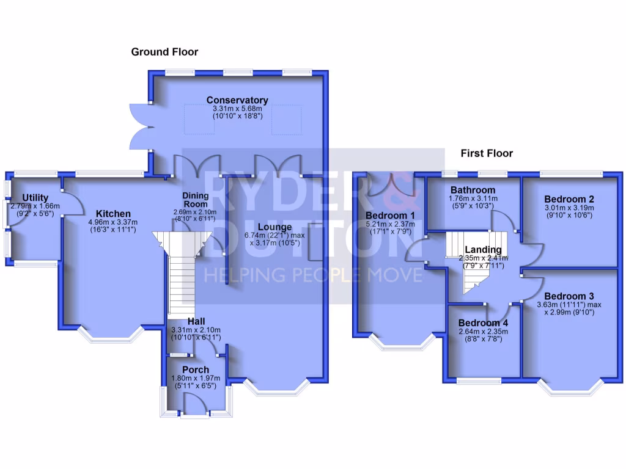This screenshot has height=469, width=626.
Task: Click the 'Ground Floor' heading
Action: [x=164, y=52]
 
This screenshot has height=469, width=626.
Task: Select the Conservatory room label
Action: [x=237, y=100]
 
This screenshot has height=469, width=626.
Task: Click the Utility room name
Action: [x=35, y=198]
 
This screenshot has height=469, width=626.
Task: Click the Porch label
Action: [x=196, y=369]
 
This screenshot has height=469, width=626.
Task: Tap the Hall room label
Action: [x=196, y=321]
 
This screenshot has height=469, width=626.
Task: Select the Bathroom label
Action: [x=473, y=190]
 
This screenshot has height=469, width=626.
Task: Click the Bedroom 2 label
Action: [x=569, y=199]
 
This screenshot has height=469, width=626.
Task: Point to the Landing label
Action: [x=483, y=249]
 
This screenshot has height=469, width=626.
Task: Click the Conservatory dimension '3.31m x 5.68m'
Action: [x=237, y=108]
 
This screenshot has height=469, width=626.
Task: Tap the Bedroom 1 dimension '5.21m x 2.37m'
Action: [x=390, y=224]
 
